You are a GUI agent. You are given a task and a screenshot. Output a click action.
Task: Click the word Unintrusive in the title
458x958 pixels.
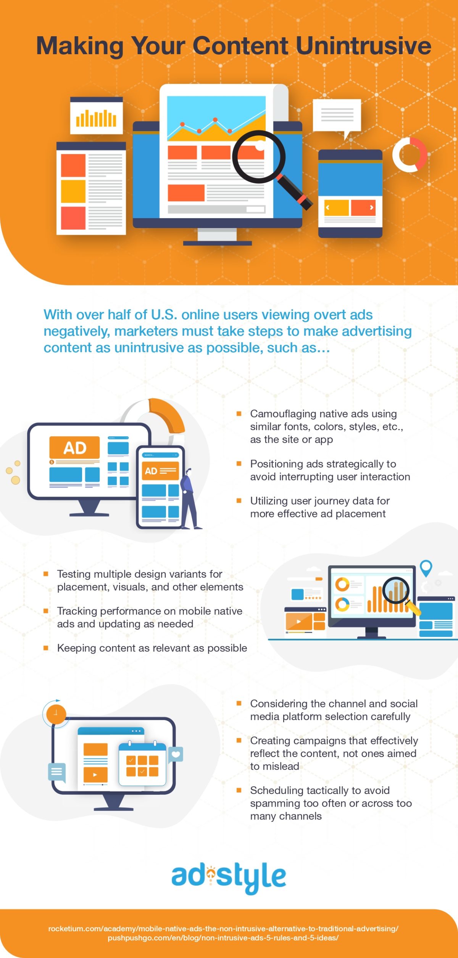[363, 46]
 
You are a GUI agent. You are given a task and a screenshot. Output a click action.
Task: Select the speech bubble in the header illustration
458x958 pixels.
[337, 116]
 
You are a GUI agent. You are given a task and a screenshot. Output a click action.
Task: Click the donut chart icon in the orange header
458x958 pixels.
[410, 154]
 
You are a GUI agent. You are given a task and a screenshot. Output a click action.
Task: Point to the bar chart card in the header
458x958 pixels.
[96, 116]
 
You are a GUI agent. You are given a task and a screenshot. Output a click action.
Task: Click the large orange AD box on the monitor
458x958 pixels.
[74, 447]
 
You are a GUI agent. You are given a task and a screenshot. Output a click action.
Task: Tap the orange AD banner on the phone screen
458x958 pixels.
[160, 471]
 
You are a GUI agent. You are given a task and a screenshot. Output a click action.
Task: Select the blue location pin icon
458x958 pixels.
[426, 568]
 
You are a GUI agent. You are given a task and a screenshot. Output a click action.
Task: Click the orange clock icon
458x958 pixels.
[56, 713]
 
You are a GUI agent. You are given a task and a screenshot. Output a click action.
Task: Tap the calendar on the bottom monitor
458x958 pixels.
[142, 764]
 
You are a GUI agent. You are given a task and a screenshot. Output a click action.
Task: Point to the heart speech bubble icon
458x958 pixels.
[176, 754]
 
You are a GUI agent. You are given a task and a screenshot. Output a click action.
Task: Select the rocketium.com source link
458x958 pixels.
[223, 929]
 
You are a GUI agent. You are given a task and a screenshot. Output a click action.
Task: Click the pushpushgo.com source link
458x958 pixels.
[223, 938]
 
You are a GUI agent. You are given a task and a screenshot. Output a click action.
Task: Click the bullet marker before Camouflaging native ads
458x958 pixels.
[239, 414]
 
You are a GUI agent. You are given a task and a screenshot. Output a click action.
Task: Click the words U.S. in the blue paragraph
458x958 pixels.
[164, 315]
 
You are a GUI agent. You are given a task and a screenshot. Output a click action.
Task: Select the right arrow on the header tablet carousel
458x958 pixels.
[371, 207]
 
